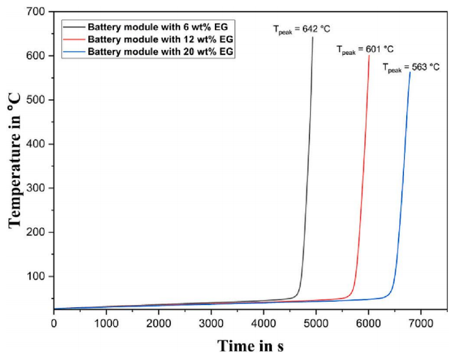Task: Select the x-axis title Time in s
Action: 250,345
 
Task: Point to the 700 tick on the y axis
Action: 38,12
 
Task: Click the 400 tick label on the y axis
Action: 38,144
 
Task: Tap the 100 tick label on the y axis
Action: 38,277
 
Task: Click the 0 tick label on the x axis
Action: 54,323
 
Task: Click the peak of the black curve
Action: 313,38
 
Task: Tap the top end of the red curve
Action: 369,56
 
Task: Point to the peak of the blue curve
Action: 410,72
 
